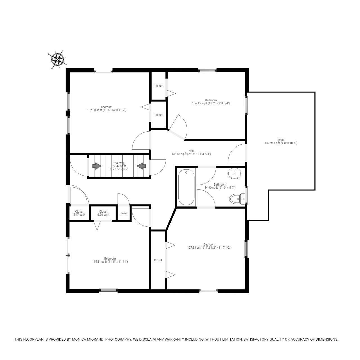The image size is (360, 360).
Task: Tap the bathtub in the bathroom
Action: tap(186, 187)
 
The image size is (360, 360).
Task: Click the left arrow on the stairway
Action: tap(97, 166)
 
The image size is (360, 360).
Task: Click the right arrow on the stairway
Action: tap(141, 166)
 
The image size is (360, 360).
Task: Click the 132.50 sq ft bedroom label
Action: tap(107, 109)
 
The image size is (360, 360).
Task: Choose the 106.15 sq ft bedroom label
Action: tap(211, 102)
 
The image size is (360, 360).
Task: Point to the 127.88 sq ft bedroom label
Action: tap(209, 246)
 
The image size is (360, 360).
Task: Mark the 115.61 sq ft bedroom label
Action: tap(110, 260)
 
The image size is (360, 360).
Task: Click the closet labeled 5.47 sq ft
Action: tap(79, 213)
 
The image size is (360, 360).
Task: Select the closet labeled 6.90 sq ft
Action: tap(103, 213)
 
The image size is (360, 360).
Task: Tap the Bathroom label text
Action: tap(220, 185)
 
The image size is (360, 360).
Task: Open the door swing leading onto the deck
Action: tap(237, 153)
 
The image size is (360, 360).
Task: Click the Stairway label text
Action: tap(119, 163)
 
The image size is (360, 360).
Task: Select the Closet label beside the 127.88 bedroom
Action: tap(158, 260)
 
